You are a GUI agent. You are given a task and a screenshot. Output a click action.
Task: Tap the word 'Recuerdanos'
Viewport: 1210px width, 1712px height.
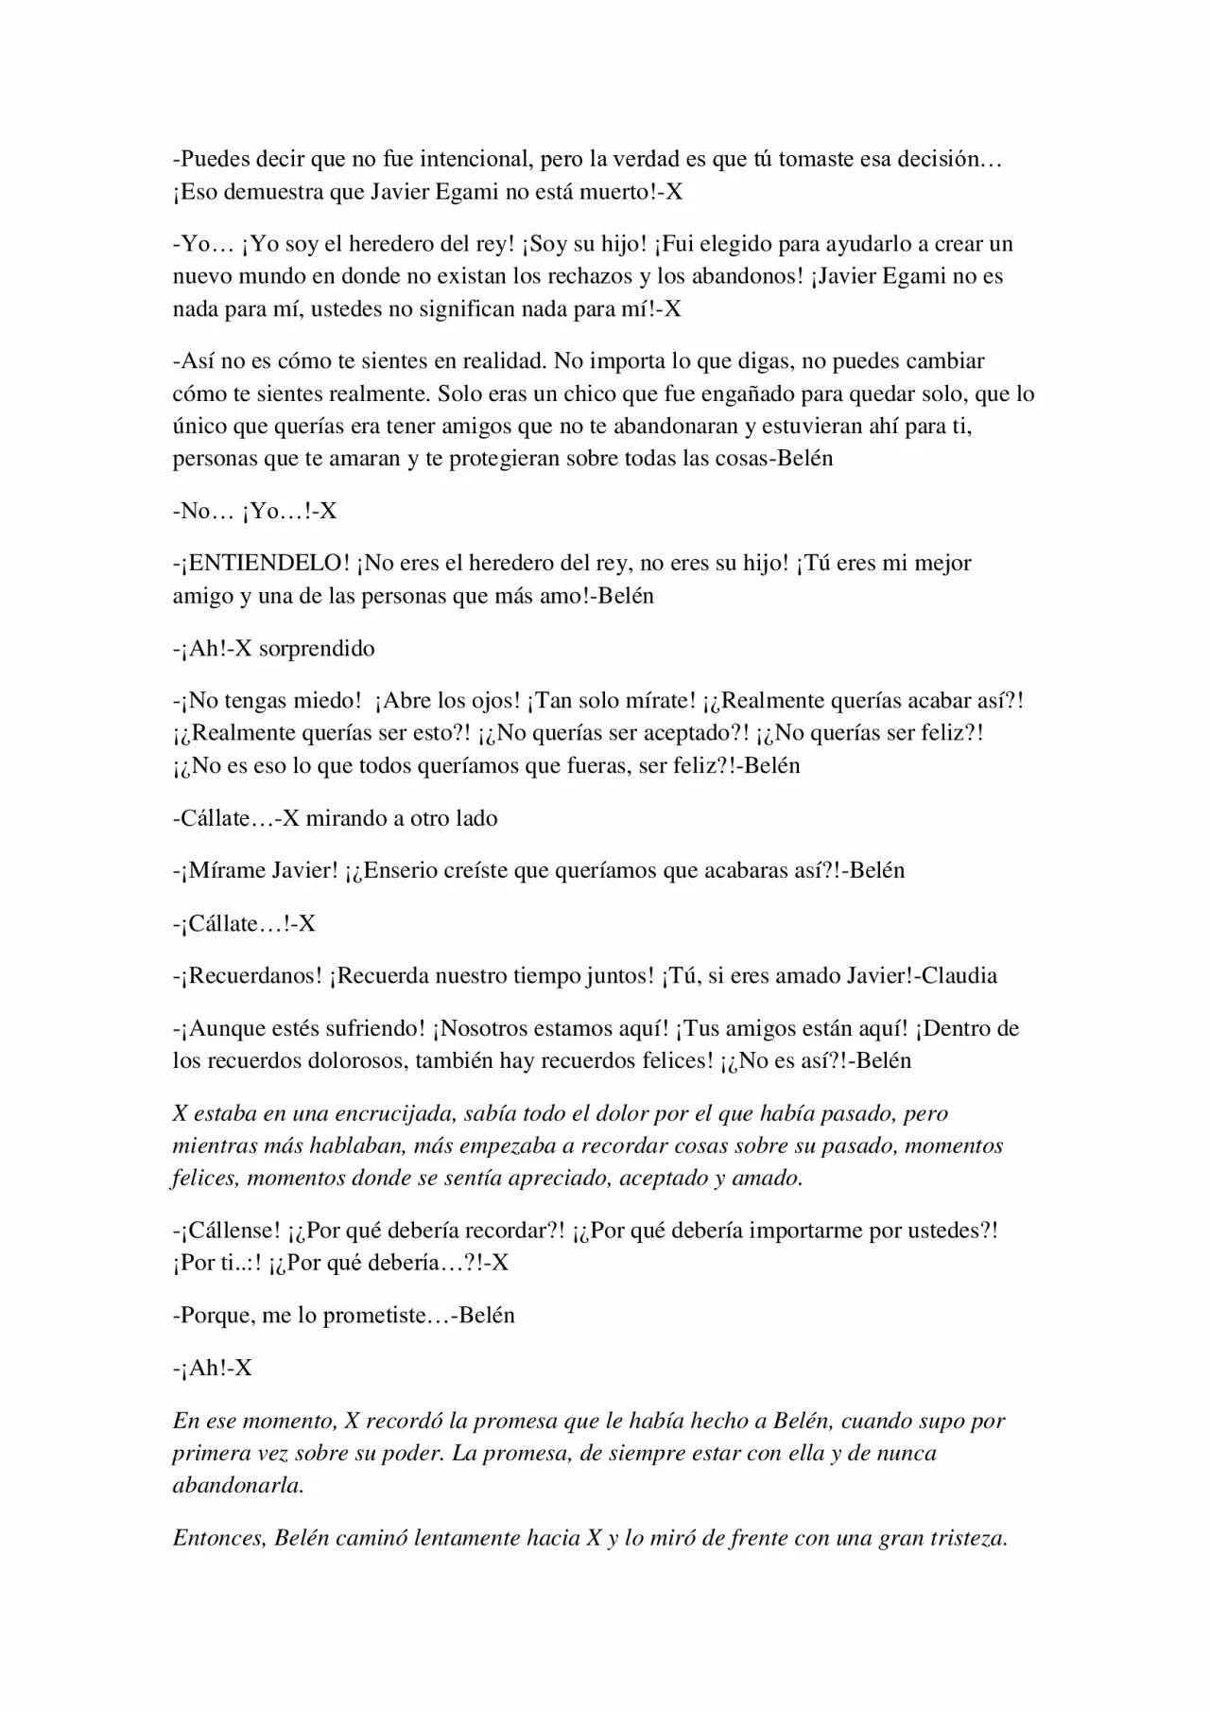click(256, 975)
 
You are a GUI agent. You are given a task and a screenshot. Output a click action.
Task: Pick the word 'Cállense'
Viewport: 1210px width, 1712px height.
click(233, 1231)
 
